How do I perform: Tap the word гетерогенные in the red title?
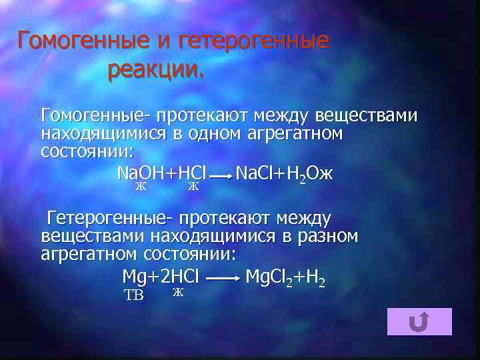[254, 41]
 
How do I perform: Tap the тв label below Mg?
[134, 295]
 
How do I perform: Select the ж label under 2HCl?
[177, 292]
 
